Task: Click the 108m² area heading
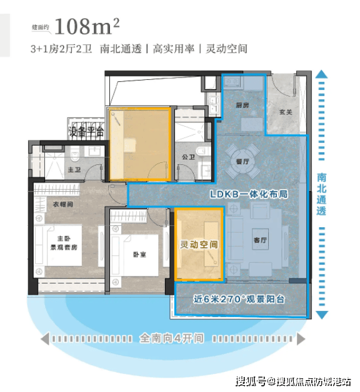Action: tap(87, 27)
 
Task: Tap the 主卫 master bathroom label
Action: tap(73, 169)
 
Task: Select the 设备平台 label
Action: tap(86, 131)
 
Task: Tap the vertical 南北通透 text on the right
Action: tap(321, 194)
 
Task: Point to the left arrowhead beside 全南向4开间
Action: tap(46, 339)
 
